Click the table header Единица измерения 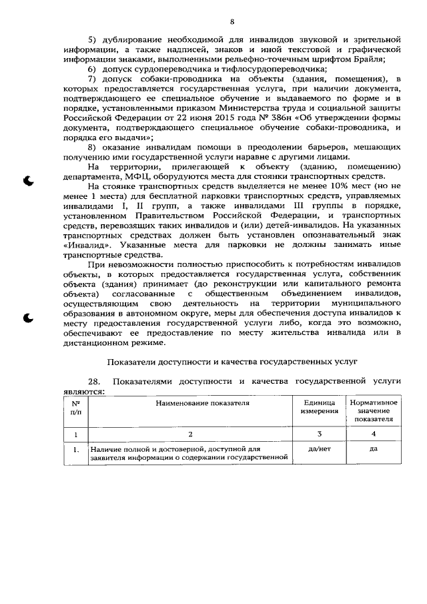click(319, 407)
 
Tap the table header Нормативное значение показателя click(373, 410)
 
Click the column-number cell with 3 click(319, 433)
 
